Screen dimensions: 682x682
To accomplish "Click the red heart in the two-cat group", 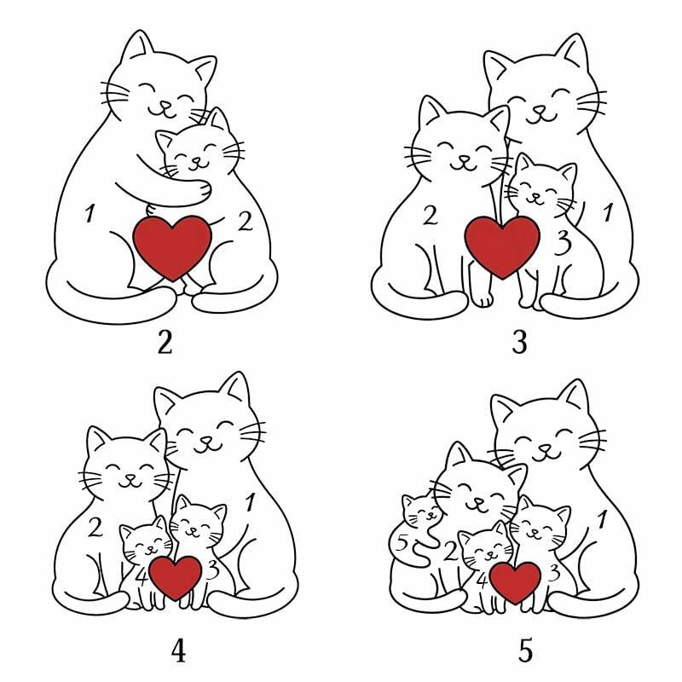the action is (172, 248).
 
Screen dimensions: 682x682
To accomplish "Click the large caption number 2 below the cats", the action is (165, 343).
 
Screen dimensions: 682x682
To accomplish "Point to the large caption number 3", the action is (520, 343).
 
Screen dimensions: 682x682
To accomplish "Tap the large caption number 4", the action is (178, 651).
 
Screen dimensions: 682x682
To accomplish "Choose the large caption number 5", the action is (525, 651).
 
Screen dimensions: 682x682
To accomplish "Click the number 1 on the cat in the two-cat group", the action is (90, 213).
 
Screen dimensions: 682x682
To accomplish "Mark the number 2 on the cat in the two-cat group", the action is (246, 221).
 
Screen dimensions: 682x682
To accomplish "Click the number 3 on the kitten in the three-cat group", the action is (563, 243).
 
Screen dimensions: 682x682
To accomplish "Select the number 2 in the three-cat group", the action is (431, 216).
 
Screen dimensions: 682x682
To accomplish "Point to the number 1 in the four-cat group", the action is (250, 502).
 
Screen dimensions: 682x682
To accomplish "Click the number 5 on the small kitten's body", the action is (402, 543).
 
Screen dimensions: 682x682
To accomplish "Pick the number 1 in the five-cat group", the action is (602, 520).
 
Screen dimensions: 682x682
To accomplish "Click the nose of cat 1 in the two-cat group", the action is (165, 105).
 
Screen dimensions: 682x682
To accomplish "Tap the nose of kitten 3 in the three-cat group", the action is (536, 196).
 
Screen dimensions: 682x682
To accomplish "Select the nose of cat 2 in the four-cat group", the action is (129, 477).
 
